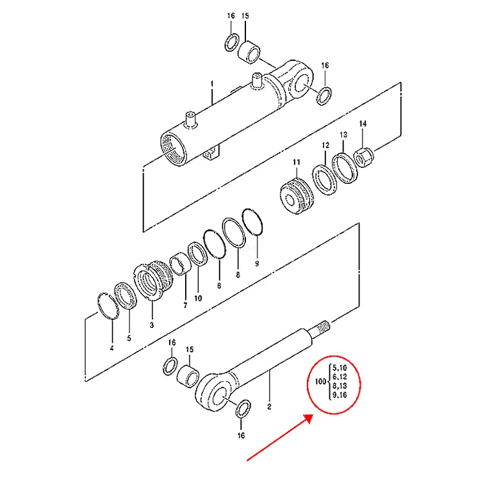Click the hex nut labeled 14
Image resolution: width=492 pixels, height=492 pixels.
tap(364, 157)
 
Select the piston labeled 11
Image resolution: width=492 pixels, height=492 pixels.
tap(296, 196)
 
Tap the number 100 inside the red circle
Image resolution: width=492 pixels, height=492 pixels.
tap(320, 382)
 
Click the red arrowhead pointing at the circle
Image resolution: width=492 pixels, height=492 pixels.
tap(308, 418)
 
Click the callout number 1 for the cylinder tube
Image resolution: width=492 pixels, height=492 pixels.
tap(212, 84)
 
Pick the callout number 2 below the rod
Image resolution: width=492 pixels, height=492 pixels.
tap(269, 407)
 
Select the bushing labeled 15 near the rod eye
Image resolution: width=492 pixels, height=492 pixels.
tap(188, 376)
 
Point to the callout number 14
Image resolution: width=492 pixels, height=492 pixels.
tap(363, 124)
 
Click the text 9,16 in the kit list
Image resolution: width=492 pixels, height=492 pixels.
tap(340, 395)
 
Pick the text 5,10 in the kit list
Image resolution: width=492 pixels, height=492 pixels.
tap(340, 368)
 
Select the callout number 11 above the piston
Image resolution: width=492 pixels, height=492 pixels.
tap(297, 162)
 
